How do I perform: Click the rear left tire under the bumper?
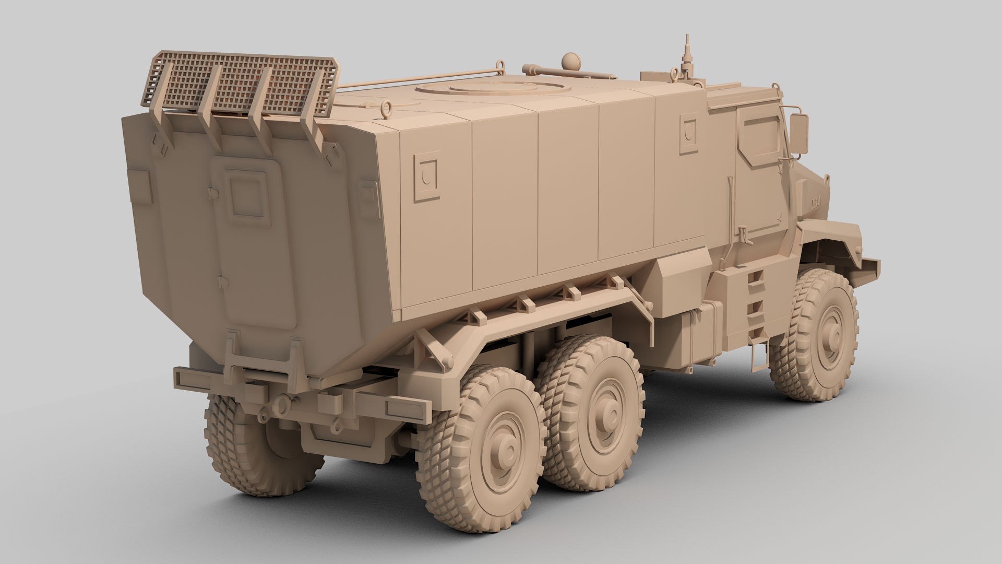[256, 449]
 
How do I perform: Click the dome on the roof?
[571, 61]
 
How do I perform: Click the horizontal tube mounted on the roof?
[543, 68]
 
